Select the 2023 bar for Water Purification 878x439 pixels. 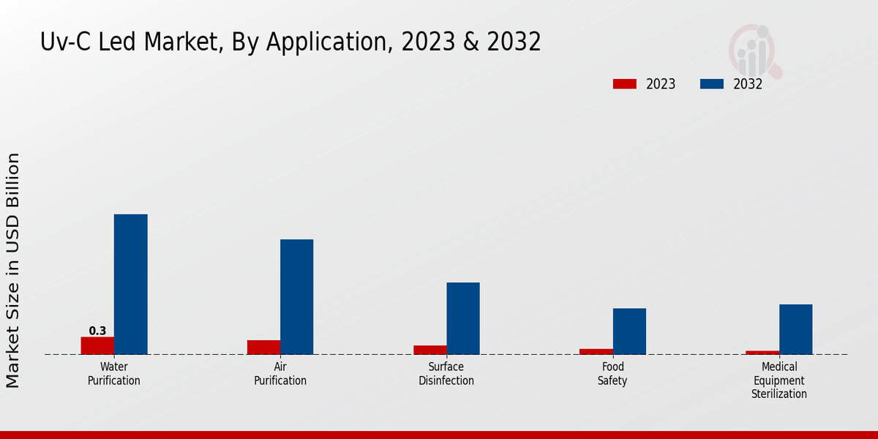pyautogui.click(x=97, y=345)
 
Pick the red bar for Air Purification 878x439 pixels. pyautogui.click(x=263, y=348)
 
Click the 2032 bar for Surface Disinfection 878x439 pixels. pyautogui.click(x=462, y=318)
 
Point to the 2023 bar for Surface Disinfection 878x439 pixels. pyautogui.click(x=429, y=350)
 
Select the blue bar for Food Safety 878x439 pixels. pyautogui.click(x=629, y=331)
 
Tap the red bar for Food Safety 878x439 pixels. pyautogui.click(x=596, y=351)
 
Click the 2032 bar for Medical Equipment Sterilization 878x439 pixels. pyautogui.click(x=795, y=329)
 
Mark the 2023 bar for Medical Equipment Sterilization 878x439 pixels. pyautogui.click(x=762, y=353)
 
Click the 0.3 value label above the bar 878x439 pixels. pyautogui.click(x=97, y=331)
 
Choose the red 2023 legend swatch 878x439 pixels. pyautogui.click(x=624, y=84)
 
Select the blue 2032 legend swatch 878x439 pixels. pyautogui.click(x=711, y=84)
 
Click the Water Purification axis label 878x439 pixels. pyautogui.click(x=114, y=374)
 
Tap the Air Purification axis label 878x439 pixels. pyautogui.click(x=280, y=374)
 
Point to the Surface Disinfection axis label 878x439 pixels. pyautogui.click(x=446, y=374)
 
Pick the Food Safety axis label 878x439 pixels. pyautogui.click(x=612, y=374)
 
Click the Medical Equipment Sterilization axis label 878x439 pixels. pyautogui.click(x=779, y=380)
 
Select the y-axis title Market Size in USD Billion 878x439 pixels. pyautogui.click(x=13, y=271)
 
